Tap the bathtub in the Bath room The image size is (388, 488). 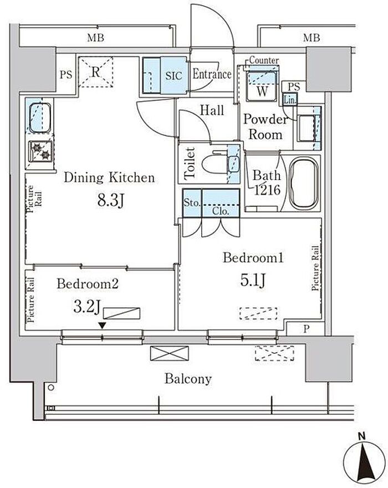pyautogui.click(x=304, y=182)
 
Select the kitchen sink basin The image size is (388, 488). pyautogui.click(x=39, y=118)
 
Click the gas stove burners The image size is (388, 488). pyautogui.click(x=40, y=151)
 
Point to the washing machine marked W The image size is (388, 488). pyautogui.click(x=262, y=85)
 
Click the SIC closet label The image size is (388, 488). pyautogui.click(x=173, y=75)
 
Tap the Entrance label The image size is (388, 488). pyautogui.click(x=212, y=74)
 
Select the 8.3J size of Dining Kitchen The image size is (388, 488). pyautogui.click(x=111, y=200)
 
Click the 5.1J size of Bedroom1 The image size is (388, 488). pyautogui.click(x=253, y=280)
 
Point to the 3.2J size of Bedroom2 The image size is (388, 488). pyautogui.click(x=87, y=306)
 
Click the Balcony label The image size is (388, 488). pyautogui.click(x=188, y=379)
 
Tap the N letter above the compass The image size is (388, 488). pyautogui.click(x=361, y=436)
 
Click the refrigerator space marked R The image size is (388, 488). pyautogui.click(x=95, y=72)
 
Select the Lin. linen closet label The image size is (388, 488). pyautogui.click(x=290, y=100)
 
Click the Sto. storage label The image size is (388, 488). pyautogui.click(x=191, y=202)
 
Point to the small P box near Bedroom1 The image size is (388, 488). pyautogui.click(x=306, y=329)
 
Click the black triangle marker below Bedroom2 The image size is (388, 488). pyautogui.click(x=102, y=326)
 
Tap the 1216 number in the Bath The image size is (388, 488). pyautogui.click(x=267, y=190)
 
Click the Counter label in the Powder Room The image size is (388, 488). pyautogui.click(x=264, y=60)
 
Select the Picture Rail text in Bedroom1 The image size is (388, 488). pyautogui.click(x=315, y=268)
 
